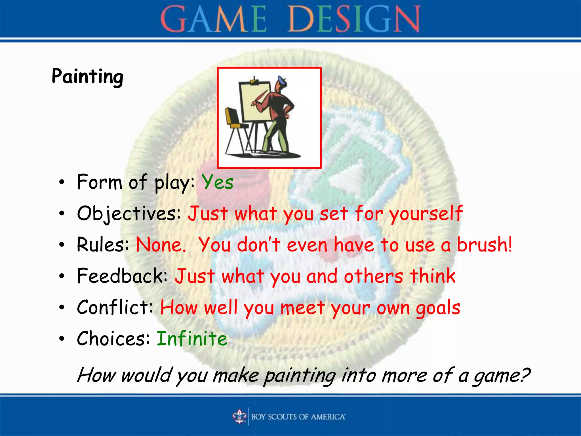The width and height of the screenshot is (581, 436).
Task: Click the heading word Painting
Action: (87, 77)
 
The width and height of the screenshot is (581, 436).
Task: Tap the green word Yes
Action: (217, 182)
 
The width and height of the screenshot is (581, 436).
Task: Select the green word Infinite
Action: (192, 338)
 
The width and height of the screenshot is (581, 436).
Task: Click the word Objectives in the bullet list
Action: (129, 213)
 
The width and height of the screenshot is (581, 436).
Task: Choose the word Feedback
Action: (122, 276)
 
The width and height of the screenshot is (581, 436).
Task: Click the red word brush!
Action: (485, 245)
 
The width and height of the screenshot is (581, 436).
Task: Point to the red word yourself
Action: (426, 213)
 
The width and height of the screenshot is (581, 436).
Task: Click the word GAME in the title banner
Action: (214, 19)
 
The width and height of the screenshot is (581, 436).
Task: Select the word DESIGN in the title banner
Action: (354, 19)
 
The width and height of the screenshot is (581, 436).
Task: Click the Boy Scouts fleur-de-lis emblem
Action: (239, 416)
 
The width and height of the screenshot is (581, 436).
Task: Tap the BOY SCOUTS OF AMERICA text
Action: (298, 417)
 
